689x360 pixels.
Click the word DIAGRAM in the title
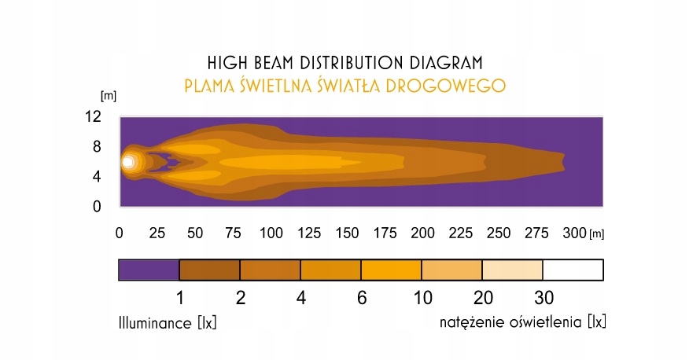point(446,63)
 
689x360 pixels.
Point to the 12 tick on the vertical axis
point(93,116)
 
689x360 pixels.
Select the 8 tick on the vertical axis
point(97,146)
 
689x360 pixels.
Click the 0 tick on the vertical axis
point(97,207)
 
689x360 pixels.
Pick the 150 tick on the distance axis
point(347,233)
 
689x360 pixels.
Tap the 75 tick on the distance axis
point(233,233)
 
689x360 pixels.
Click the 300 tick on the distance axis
point(575,233)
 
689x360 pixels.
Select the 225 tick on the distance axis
point(460,233)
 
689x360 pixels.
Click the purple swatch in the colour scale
point(149,270)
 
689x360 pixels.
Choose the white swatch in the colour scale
point(573,270)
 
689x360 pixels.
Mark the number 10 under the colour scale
point(422,298)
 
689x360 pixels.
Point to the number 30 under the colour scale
point(543,298)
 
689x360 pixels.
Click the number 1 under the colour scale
point(179,298)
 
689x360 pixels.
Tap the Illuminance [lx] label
point(168,323)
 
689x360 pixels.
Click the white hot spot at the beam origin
point(128,163)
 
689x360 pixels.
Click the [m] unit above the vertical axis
point(109,96)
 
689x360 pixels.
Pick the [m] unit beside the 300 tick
point(597,234)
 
